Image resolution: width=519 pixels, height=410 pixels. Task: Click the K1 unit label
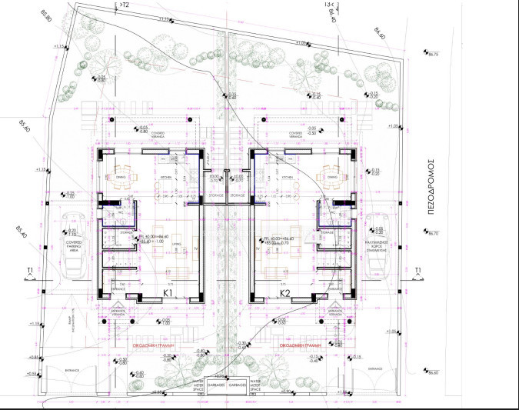(168, 293)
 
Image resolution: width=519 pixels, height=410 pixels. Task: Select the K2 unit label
(284, 293)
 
